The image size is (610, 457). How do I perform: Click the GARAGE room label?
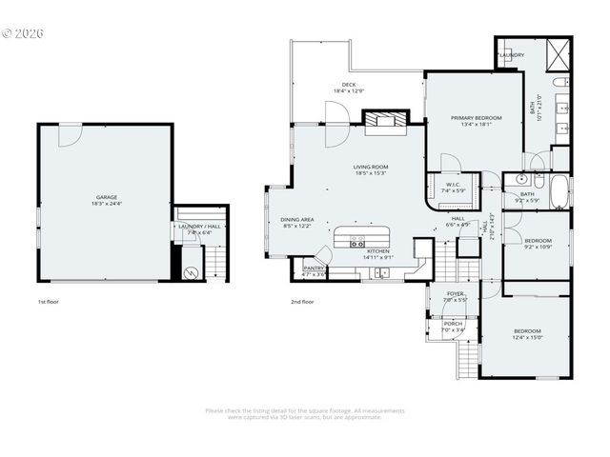tap(106, 197)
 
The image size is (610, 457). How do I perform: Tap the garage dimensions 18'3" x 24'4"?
tap(106, 204)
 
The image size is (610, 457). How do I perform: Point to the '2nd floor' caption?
tap(302, 301)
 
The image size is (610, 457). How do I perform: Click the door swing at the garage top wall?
tap(70, 135)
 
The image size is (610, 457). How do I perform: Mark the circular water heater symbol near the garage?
tap(190, 271)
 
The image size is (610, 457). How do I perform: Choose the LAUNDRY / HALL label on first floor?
tap(199, 226)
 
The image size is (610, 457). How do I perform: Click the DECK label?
tap(349, 85)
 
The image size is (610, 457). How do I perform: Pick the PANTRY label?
tap(314, 268)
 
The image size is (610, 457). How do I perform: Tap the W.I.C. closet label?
tap(453, 185)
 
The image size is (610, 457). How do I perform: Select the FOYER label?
tap(456, 293)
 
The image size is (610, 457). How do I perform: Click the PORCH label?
tap(454, 324)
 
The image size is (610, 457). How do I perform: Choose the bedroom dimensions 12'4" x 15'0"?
tap(527, 337)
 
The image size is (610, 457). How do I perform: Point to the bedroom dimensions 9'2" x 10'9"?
tap(539, 247)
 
